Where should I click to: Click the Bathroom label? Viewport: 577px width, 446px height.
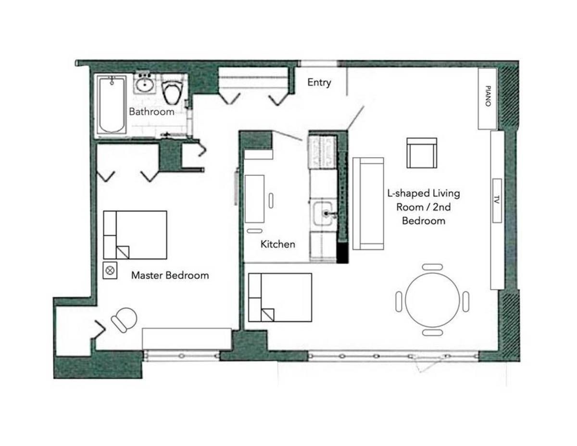(151, 112)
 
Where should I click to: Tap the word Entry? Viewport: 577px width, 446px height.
(319, 83)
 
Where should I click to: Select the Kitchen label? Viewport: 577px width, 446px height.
(278, 244)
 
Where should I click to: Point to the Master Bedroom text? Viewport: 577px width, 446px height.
(170, 275)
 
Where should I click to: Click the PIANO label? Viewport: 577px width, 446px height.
(488, 96)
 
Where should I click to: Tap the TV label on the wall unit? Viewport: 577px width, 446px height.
(497, 200)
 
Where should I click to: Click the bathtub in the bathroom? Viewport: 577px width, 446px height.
(112, 104)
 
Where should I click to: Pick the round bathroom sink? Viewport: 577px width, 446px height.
(145, 84)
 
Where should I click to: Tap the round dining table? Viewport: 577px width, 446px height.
(432, 300)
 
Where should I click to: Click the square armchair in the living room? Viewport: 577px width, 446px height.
(422, 153)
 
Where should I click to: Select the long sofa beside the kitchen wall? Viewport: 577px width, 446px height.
(368, 204)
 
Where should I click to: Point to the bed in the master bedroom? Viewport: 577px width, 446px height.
(135, 235)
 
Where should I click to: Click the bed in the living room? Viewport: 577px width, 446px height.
(280, 297)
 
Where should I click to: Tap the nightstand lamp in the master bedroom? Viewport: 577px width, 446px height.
(110, 271)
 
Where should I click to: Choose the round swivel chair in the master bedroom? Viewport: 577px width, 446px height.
(124, 320)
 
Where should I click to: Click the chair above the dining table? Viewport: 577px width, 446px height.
(432, 267)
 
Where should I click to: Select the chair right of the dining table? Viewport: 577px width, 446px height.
(466, 302)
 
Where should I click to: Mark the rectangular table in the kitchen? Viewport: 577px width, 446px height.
(254, 199)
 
